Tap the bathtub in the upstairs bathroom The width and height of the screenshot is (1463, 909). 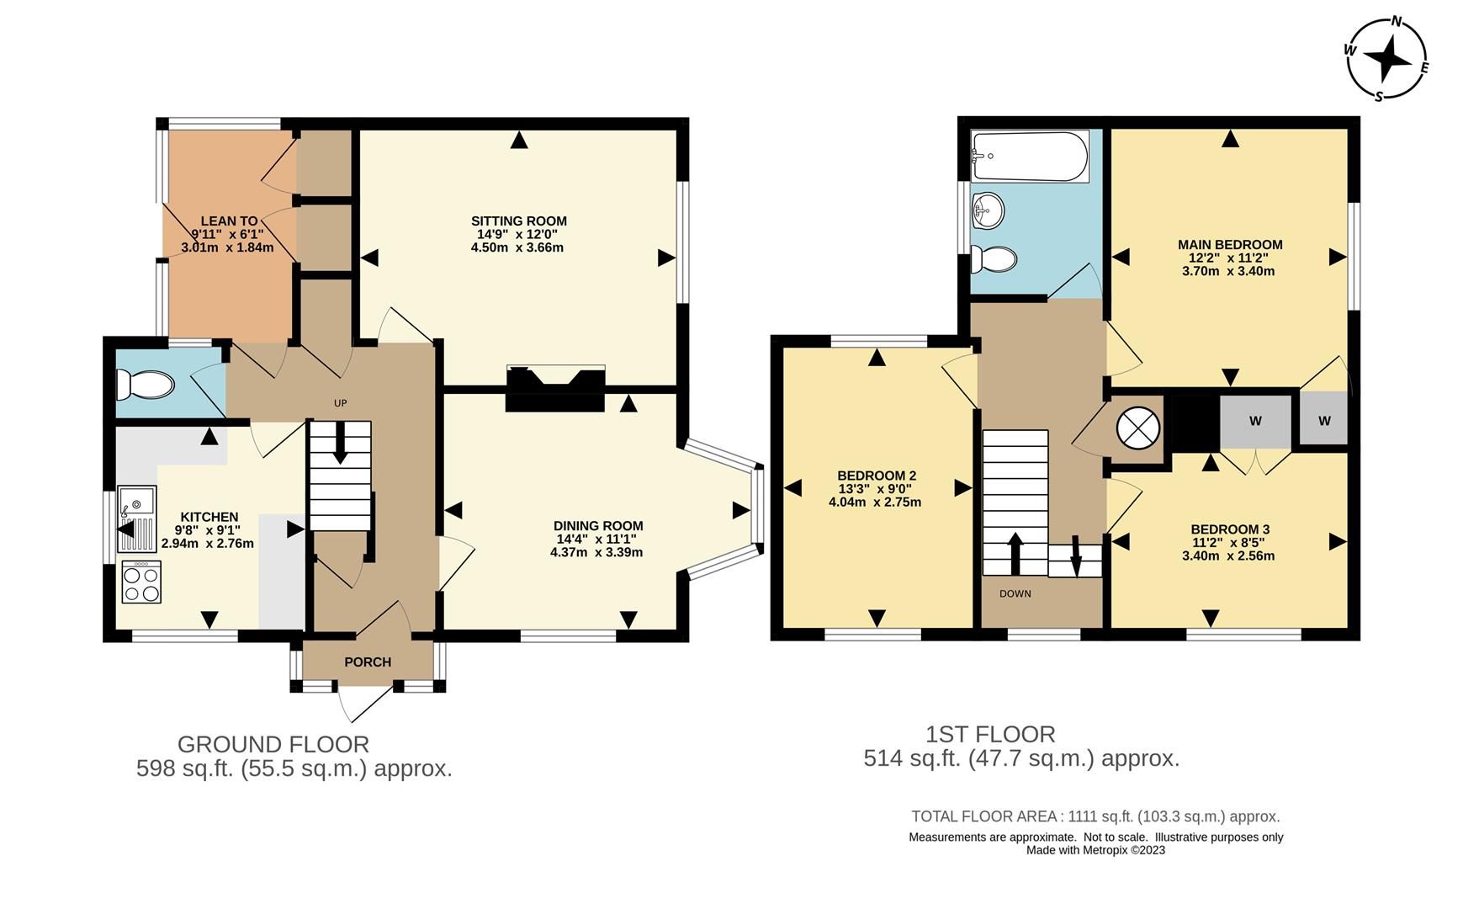[1029, 157]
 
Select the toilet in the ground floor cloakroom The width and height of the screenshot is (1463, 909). [146, 386]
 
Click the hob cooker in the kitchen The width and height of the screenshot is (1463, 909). [140, 582]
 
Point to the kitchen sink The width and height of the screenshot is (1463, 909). [137, 499]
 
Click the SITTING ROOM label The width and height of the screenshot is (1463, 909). [518, 221]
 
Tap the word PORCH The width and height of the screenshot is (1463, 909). [368, 662]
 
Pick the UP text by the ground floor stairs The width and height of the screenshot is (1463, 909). [341, 403]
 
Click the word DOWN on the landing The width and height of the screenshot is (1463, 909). [1015, 593]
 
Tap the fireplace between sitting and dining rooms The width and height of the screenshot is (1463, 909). [554, 389]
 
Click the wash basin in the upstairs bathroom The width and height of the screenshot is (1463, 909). [988, 210]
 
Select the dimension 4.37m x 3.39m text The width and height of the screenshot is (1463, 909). [596, 553]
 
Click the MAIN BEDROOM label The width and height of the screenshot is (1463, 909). [1229, 245]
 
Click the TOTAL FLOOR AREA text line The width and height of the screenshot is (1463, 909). [1095, 816]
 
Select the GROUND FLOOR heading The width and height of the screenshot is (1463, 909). [273, 744]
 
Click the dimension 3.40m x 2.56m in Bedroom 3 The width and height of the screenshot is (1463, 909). [1228, 556]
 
